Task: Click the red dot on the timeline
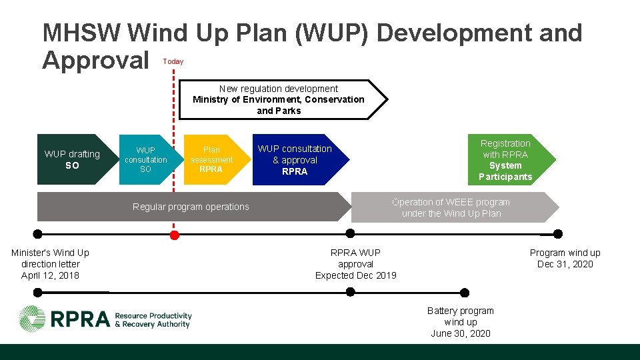pos(175,235)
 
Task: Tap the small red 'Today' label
pos(173,61)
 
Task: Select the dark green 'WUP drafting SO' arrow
pos(71,160)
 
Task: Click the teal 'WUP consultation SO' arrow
pos(145,160)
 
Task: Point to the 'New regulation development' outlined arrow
pos(280,100)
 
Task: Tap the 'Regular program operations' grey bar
pos(191,207)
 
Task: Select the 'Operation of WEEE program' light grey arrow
pos(451,207)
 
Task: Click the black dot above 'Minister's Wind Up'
pos(38,234)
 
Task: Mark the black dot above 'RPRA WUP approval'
pos(351,234)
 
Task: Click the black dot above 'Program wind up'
pos(558,234)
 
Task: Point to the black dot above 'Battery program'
pos(465,293)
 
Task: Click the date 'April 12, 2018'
pos(50,275)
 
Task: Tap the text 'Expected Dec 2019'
pos(356,275)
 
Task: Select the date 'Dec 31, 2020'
pos(565,264)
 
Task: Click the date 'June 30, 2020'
pos(461,333)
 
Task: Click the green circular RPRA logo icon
pos(32,318)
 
